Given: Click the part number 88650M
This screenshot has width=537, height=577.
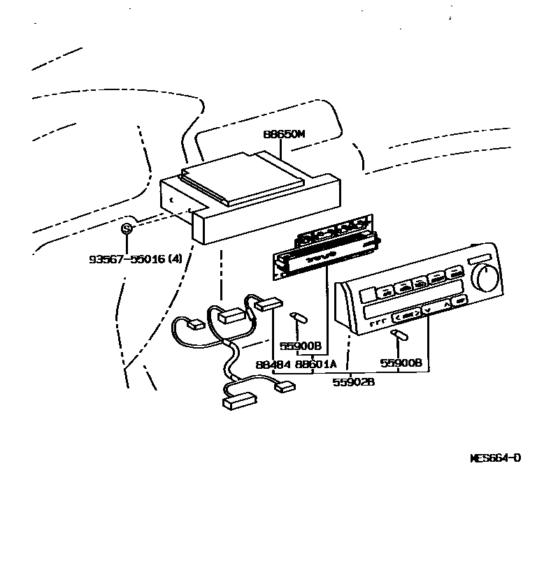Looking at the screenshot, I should (284, 136).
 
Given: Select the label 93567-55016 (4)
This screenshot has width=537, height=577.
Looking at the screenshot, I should (135, 258).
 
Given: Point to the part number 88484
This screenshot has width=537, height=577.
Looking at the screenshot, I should (271, 364).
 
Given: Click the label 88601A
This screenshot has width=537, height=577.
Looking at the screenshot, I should (315, 364).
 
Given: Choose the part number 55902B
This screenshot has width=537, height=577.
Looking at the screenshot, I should (352, 382).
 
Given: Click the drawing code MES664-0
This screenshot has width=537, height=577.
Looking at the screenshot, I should (495, 458).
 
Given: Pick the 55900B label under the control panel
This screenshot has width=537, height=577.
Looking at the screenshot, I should (401, 363).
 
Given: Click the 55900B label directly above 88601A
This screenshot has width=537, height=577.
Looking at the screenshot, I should (300, 346).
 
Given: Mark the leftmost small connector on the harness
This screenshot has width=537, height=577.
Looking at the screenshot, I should (196, 324).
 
